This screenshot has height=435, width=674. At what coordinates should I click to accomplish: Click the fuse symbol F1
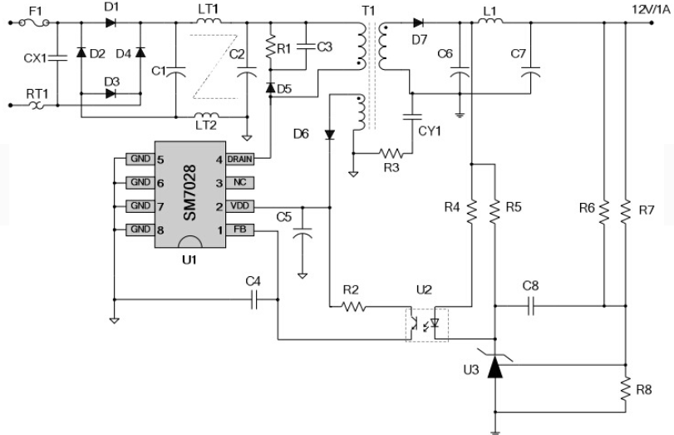pyautogui.click(x=34, y=22)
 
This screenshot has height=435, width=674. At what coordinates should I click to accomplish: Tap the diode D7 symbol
pyautogui.click(x=418, y=22)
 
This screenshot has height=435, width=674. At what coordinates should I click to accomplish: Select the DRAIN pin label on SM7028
pyautogui.click(x=239, y=159)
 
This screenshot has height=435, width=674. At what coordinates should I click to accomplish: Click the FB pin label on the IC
pyautogui.click(x=239, y=230)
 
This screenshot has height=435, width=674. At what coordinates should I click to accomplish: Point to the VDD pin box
pyautogui.click(x=239, y=206)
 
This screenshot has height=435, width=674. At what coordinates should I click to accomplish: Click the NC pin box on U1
pyautogui.click(x=239, y=182)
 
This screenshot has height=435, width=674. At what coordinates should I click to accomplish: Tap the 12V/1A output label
pyautogui.click(x=651, y=9)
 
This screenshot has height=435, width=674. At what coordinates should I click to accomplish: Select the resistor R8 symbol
pyautogui.click(x=626, y=389)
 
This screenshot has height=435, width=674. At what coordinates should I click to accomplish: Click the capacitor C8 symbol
pyautogui.click(x=530, y=306)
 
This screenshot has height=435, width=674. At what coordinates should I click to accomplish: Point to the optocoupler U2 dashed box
pyautogui.click(x=427, y=325)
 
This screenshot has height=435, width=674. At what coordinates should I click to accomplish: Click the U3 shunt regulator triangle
pyautogui.click(x=495, y=367)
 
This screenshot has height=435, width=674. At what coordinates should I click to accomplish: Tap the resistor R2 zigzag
pyautogui.click(x=353, y=307)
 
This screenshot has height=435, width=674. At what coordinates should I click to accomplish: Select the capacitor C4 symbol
pyautogui.click(x=254, y=299)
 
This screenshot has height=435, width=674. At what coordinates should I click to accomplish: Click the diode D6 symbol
pyautogui.click(x=330, y=135)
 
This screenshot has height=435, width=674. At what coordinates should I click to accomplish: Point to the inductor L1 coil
pyautogui.click(x=490, y=21)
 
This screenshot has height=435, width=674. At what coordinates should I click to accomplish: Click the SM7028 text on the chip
pyautogui.click(x=190, y=193)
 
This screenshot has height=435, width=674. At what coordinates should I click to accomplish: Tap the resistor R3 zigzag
pyautogui.click(x=391, y=153)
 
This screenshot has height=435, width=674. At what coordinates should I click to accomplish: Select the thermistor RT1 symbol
pyautogui.click(x=38, y=105)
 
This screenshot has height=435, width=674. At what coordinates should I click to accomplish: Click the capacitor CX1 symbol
pyautogui.click(x=57, y=58)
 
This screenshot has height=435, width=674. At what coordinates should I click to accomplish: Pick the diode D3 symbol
pyautogui.click(x=111, y=93)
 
